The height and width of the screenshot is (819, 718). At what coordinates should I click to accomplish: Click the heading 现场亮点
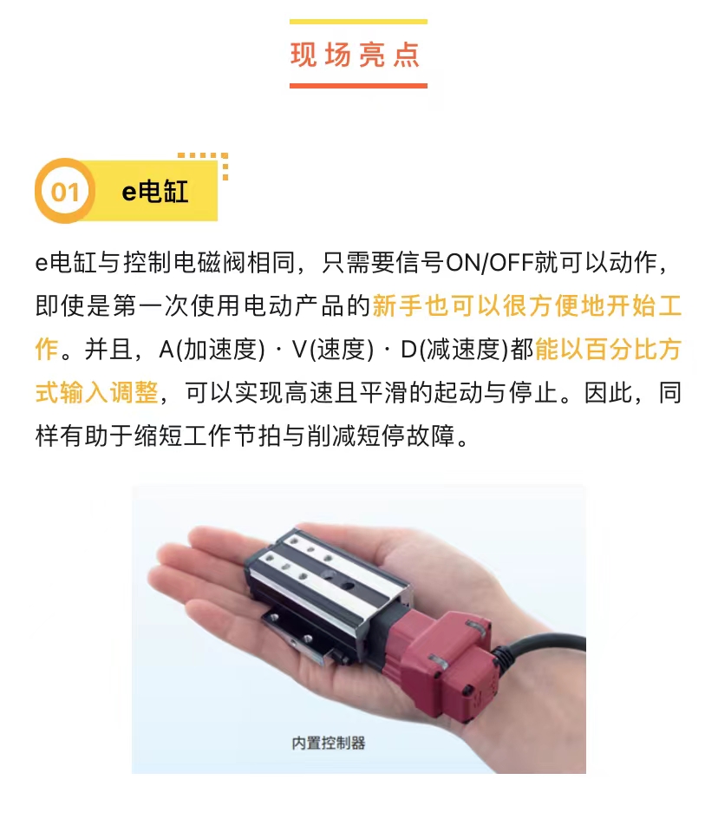tap(356, 55)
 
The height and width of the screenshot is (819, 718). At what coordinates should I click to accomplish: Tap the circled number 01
tap(65, 191)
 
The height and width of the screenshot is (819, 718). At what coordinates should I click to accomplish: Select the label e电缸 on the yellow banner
tap(155, 191)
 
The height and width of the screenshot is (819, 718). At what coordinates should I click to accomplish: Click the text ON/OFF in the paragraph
tap(489, 262)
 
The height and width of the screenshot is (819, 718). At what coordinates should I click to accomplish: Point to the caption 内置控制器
tap(329, 743)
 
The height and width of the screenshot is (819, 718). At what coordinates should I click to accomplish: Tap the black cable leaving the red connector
tap(543, 649)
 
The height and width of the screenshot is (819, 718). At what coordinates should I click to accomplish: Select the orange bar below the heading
tap(358, 85)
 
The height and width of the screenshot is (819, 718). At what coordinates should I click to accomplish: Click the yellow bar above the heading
tap(358, 22)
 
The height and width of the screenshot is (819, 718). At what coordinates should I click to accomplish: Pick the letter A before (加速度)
tap(166, 350)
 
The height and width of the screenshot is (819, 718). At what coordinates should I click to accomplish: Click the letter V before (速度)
tap(300, 350)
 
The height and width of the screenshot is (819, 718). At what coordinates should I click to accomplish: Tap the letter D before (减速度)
tap(409, 350)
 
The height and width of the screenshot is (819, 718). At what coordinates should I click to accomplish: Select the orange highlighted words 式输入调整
tap(96, 392)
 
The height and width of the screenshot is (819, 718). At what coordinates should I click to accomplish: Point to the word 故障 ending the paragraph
tap(431, 436)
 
